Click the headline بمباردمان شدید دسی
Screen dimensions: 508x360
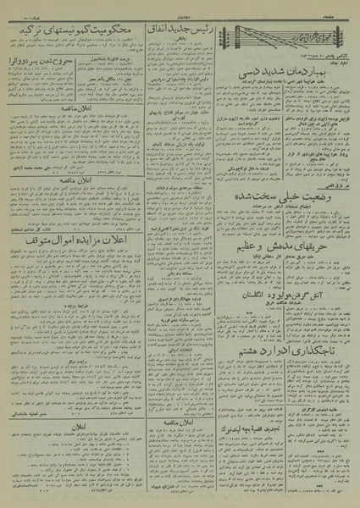pos(289,75)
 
